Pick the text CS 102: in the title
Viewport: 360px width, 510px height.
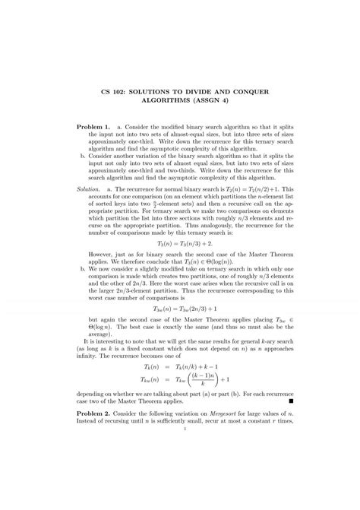click(118, 91)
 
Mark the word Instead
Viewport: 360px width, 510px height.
click(90, 479)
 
